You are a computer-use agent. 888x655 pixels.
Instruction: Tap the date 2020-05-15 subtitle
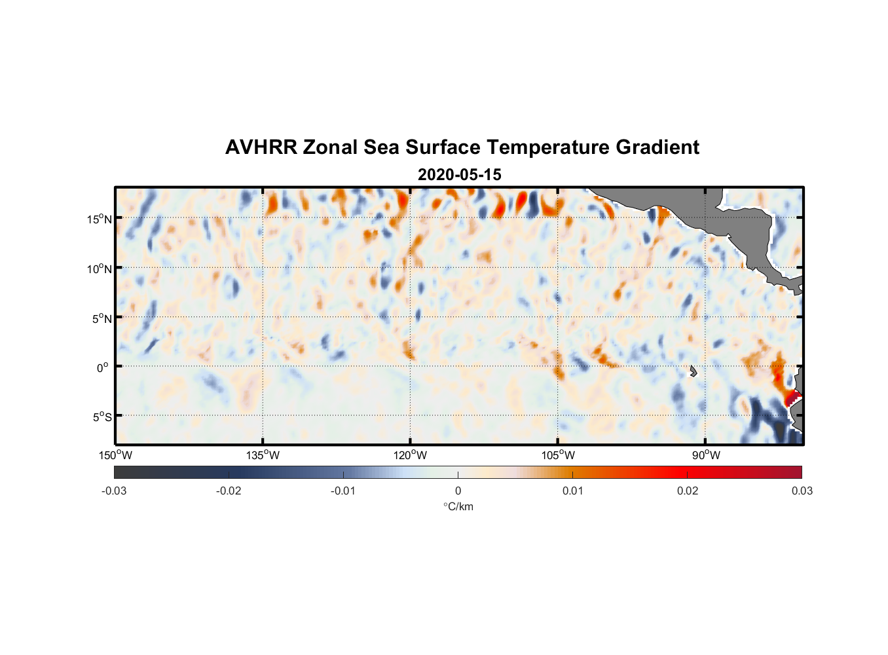(459, 175)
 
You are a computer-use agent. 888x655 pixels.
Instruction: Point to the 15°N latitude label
(99, 219)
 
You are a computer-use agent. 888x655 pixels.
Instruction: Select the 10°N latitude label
(99, 269)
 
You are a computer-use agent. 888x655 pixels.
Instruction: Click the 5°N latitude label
(101, 318)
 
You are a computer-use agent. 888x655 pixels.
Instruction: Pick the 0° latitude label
(103, 367)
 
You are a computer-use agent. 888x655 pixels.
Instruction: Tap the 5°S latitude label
(102, 417)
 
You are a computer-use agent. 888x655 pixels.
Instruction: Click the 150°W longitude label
(115, 455)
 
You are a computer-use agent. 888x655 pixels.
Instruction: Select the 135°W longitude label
(263, 455)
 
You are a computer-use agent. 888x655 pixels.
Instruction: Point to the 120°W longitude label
(411, 455)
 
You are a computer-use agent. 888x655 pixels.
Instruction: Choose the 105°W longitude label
(558, 455)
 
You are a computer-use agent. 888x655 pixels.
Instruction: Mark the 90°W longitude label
(706, 455)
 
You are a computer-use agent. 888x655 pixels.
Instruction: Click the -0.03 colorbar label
(114, 491)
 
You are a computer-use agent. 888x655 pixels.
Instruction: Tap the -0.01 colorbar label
(342, 491)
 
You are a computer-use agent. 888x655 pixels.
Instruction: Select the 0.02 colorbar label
(688, 491)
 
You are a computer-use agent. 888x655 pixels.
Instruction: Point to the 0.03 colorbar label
(802, 491)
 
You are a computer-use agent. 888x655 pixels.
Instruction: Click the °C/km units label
(458, 506)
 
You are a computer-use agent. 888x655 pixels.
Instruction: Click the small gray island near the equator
(693, 371)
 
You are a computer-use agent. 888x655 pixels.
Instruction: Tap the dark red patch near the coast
(792, 397)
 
